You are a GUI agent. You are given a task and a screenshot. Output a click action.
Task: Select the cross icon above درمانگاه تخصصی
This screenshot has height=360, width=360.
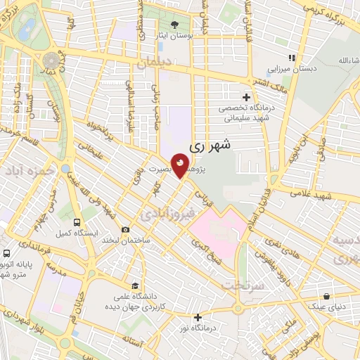coord(245,97)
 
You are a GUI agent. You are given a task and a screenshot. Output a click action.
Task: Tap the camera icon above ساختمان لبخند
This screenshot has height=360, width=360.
coord(125,229)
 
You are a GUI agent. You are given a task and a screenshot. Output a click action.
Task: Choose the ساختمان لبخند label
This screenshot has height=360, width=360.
coord(125,240)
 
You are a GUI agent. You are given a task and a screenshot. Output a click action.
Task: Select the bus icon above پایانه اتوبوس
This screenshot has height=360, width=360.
coord(6,252)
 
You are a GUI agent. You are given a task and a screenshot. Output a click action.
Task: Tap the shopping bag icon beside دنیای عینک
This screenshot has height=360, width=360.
coord(328,296)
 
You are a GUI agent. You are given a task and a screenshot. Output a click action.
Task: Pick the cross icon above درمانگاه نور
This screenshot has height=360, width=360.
coord(198,317)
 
